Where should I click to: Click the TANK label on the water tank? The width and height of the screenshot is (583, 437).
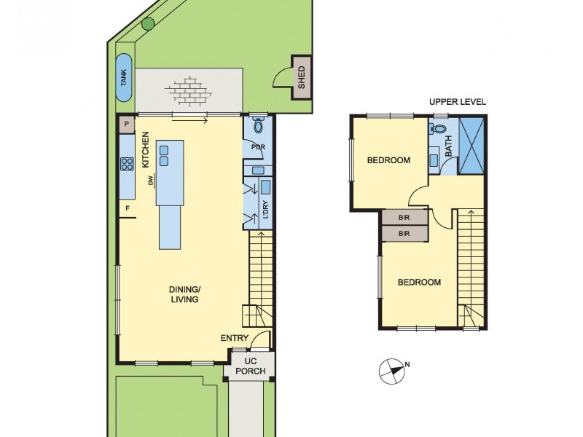pyautogui.click(x=124, y=78)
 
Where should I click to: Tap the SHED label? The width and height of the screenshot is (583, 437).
pyautogui.click(x=302, y=78)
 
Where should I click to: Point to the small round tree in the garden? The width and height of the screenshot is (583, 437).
pyautogui.click(x=148, y=23)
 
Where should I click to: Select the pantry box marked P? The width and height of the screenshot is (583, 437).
pyautogui.click(x=127, y=125)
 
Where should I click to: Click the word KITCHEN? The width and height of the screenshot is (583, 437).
pyautogui.click(x=146, y=149)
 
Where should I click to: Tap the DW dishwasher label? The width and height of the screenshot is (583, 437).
pyautogui.click(x=151, y=181)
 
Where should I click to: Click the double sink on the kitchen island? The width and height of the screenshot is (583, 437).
pyautogui.click(x=164, y=155)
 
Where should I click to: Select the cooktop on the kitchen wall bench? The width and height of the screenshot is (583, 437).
pyautogui.click(x=126, y=164)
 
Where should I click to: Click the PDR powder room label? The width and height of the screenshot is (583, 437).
pyautogui.click(x=257, y=146)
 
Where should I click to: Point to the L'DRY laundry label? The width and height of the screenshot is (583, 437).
pyautogui.click(x=266, y=210)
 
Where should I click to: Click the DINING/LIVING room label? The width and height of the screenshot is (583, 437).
pyautogui.click(x=184, y=294)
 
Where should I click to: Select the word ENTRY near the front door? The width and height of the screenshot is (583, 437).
pyautogui.click(x=234, y=338)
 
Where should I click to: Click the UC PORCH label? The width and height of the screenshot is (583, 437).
pyautogui.click(x=250, y=366)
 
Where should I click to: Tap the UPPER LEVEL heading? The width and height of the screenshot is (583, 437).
pyautogui.click(x=457, y=102)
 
